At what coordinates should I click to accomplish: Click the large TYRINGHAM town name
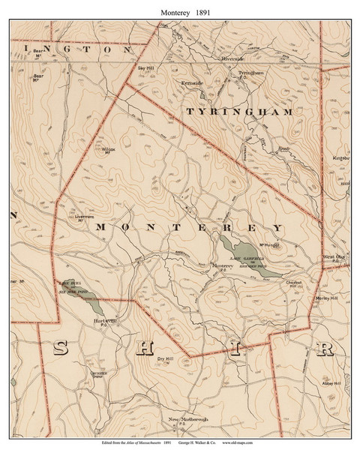(238, 111)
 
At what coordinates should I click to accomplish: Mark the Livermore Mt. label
(88, 217)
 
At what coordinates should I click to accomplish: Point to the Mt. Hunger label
(269, 244)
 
